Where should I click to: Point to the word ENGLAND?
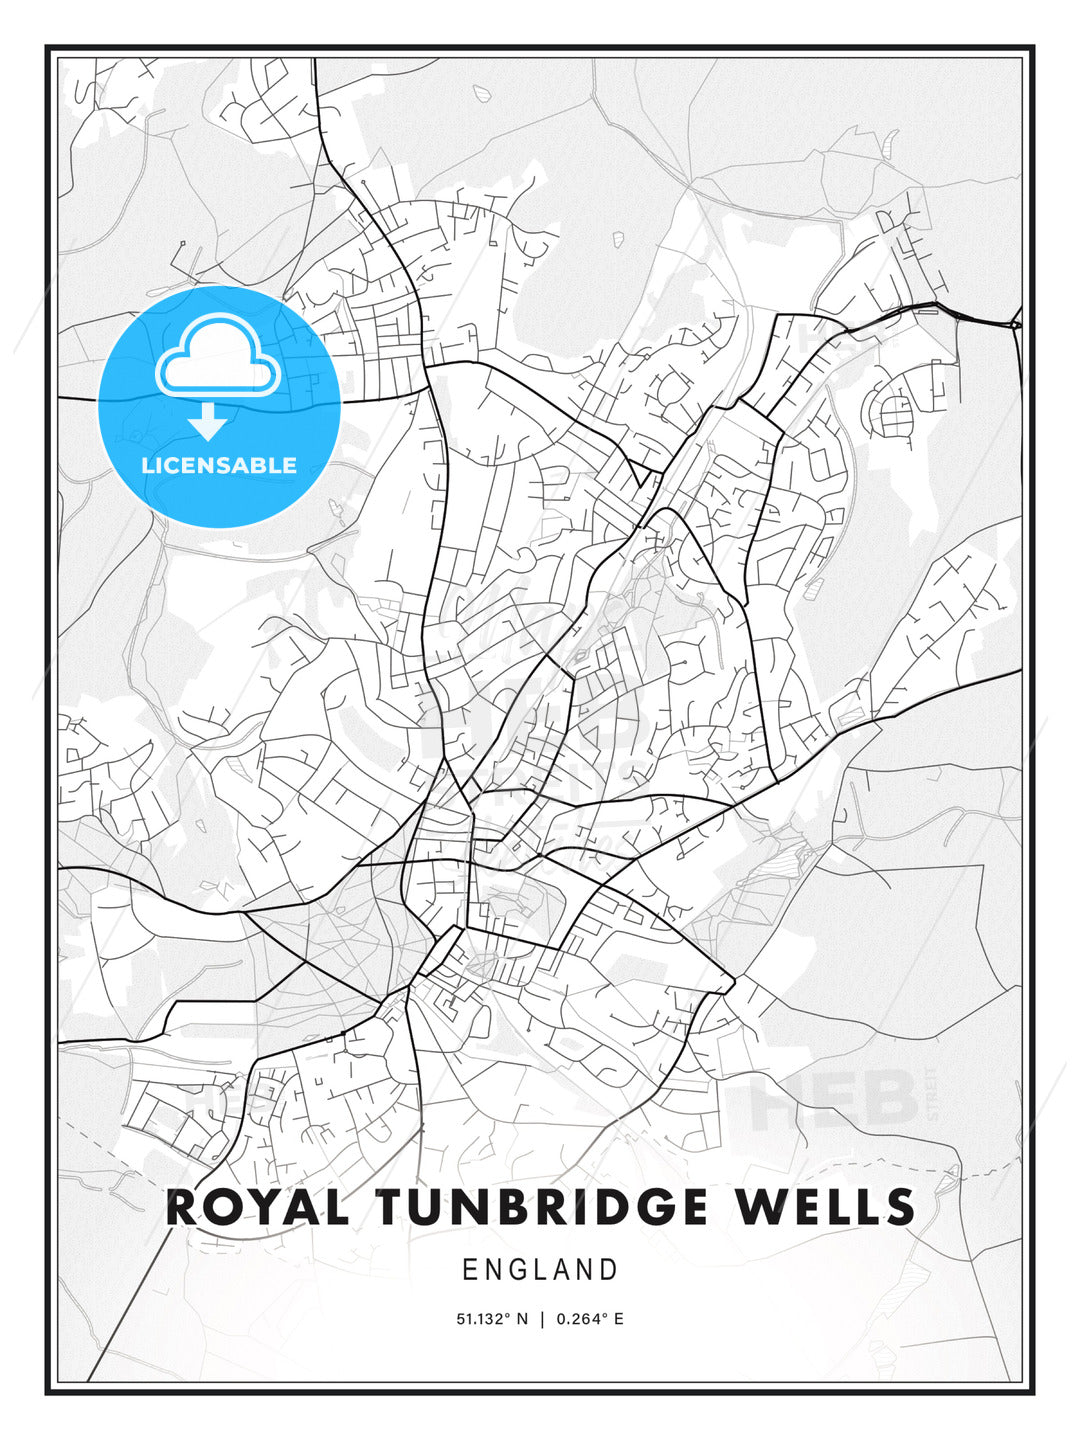[x=540, y=1270]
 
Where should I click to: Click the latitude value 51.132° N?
[x=491, y=1319]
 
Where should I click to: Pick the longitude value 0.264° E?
[x=590, y=1319]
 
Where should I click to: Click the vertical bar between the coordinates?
[x=541, y=1319]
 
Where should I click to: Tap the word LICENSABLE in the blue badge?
[x=219, y=465]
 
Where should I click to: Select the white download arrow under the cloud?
[x=208, y=421]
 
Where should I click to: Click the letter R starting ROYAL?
[x=183, y=1207]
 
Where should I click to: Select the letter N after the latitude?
[x=521, y=1319]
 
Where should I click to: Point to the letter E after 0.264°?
[x=619, y=1319]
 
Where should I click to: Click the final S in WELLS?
[x=899, y=1207]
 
